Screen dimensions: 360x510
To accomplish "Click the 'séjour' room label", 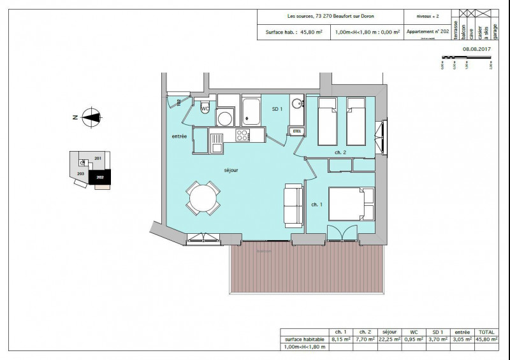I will pos(231,170).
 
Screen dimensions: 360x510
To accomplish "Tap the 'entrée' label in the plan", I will pos(179,136).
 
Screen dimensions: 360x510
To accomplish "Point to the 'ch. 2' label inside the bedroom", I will pos(340,152).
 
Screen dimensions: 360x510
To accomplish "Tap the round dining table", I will pos(203,198).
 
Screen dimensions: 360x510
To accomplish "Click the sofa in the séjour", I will pos(294,205).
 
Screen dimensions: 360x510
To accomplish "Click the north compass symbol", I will pos(91,117).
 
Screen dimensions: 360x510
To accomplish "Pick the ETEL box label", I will pos(296,131).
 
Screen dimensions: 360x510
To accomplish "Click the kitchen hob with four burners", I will pos(243,134).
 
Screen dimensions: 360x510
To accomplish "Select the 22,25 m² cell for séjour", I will pos(390,340).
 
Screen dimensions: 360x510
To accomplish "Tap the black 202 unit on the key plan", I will pos(99,178).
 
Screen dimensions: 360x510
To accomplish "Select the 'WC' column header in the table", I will pos(413,332).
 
